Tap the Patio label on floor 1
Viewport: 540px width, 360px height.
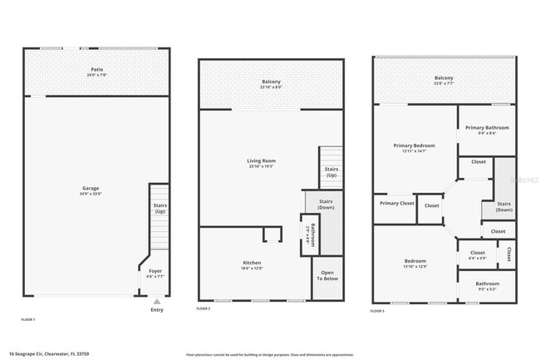coord(96,72)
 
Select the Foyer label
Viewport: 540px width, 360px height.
coord(155,272)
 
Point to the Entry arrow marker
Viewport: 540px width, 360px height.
coord(157,301)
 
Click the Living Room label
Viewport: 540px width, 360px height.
coord(261,162)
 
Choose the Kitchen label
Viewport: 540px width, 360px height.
coord(252,264)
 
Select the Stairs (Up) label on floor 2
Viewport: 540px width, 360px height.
coord(331,172)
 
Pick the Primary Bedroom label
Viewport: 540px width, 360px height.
coord(414,147)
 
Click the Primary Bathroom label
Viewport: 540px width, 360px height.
coord(487,129)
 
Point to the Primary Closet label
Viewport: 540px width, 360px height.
coord(396,203)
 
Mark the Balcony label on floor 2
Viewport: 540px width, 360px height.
coord(272,83)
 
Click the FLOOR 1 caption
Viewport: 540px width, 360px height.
coord(27,319)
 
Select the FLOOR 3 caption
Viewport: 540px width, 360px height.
coord(378,310)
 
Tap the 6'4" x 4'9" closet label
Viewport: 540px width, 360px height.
coord(477,254)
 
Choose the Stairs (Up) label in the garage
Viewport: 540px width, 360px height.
coord(159,209)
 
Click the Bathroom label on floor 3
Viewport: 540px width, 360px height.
coord(488,285)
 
